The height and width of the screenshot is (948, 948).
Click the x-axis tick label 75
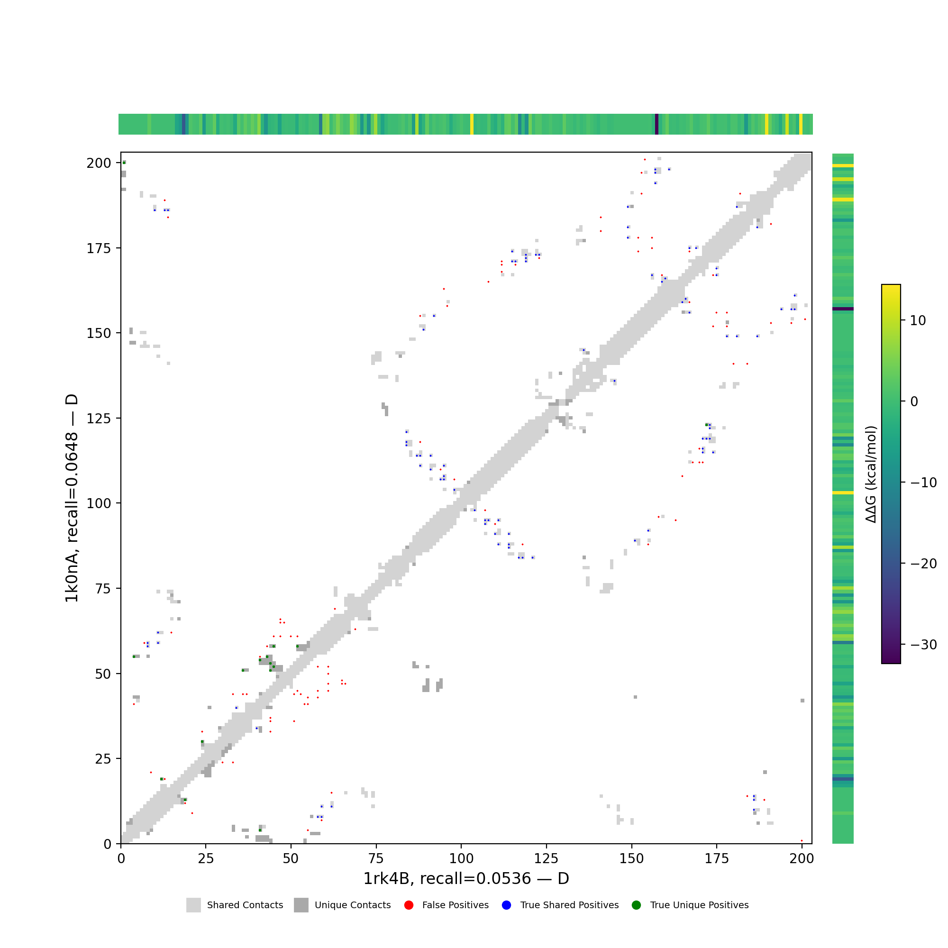376,858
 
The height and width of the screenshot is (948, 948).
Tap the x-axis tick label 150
631,858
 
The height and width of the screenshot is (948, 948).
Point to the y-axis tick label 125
99,419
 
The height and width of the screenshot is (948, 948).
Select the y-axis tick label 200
99,163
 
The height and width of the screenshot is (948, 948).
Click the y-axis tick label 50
102,674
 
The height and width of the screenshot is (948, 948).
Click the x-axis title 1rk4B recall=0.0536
465,878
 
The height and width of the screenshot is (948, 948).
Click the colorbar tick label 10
918,320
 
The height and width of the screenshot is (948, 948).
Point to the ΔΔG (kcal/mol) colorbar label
871,474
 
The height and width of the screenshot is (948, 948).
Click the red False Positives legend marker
409,905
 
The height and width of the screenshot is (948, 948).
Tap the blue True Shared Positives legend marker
506,905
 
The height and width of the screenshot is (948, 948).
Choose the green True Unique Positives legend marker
637,905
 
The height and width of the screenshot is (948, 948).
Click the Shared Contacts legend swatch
193,905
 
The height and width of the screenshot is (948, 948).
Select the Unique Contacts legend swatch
301,905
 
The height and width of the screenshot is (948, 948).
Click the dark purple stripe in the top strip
657,124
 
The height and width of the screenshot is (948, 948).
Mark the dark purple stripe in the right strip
842,309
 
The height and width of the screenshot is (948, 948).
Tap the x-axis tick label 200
802,858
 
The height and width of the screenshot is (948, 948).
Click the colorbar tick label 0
914,401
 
